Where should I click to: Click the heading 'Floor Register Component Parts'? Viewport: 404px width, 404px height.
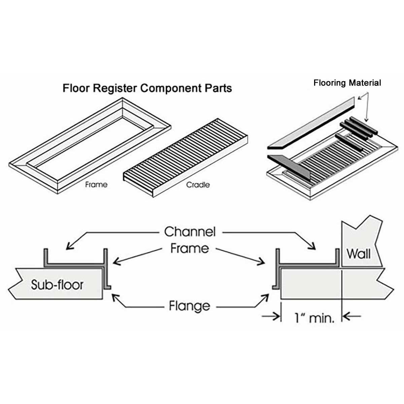tap(147, 88)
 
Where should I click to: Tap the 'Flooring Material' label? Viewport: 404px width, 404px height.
tap(347, 83)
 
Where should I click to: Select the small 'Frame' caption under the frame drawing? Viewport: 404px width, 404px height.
tap(96, 184)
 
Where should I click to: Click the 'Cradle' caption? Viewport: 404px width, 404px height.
tap(198, 185)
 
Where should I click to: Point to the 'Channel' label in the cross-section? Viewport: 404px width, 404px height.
tap(190, 232)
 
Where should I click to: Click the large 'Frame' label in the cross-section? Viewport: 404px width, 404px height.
tap(190, 248)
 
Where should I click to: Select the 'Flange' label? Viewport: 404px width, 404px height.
tap(189, 306)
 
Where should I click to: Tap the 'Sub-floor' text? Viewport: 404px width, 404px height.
tap(57, 285)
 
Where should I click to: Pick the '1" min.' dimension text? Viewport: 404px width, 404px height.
tap(314, 317)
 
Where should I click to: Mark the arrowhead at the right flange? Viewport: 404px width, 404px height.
tap(266, 296)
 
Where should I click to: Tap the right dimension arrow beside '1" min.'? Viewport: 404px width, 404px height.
tap(347, 316)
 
